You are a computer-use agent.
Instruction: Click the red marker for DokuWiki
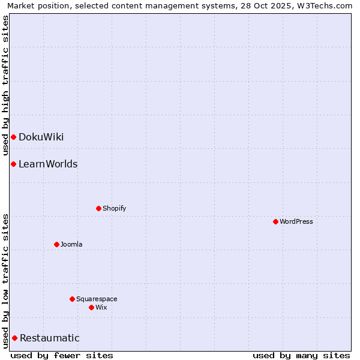tap(13, 137)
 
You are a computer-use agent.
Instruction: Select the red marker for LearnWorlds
tap(13, 164)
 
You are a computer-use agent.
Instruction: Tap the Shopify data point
tap(98, 208)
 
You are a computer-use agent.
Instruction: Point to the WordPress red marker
tap(275, 221)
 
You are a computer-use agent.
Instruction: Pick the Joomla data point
tap(56, 244)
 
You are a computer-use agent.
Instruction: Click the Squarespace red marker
tap(72, 299)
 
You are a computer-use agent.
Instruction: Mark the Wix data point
tap(91, 307)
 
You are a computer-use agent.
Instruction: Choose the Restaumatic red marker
tap(14, 338)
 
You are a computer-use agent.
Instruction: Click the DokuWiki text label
tap(41, 137)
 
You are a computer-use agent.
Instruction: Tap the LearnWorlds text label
tap(48, 164)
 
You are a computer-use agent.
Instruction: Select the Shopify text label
tap(114, 208)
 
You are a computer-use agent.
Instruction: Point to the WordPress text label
tap(296, 221)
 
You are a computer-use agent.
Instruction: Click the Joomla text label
tap(71, 244)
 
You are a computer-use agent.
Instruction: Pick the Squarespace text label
tap(97, 299)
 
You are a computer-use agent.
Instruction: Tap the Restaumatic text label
tap(49, 338)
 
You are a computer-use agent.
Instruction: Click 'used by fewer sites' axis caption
tap(62, 356)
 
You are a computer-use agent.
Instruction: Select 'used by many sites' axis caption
tap(301, 356)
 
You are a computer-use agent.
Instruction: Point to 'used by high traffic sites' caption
tap(5, 86)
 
